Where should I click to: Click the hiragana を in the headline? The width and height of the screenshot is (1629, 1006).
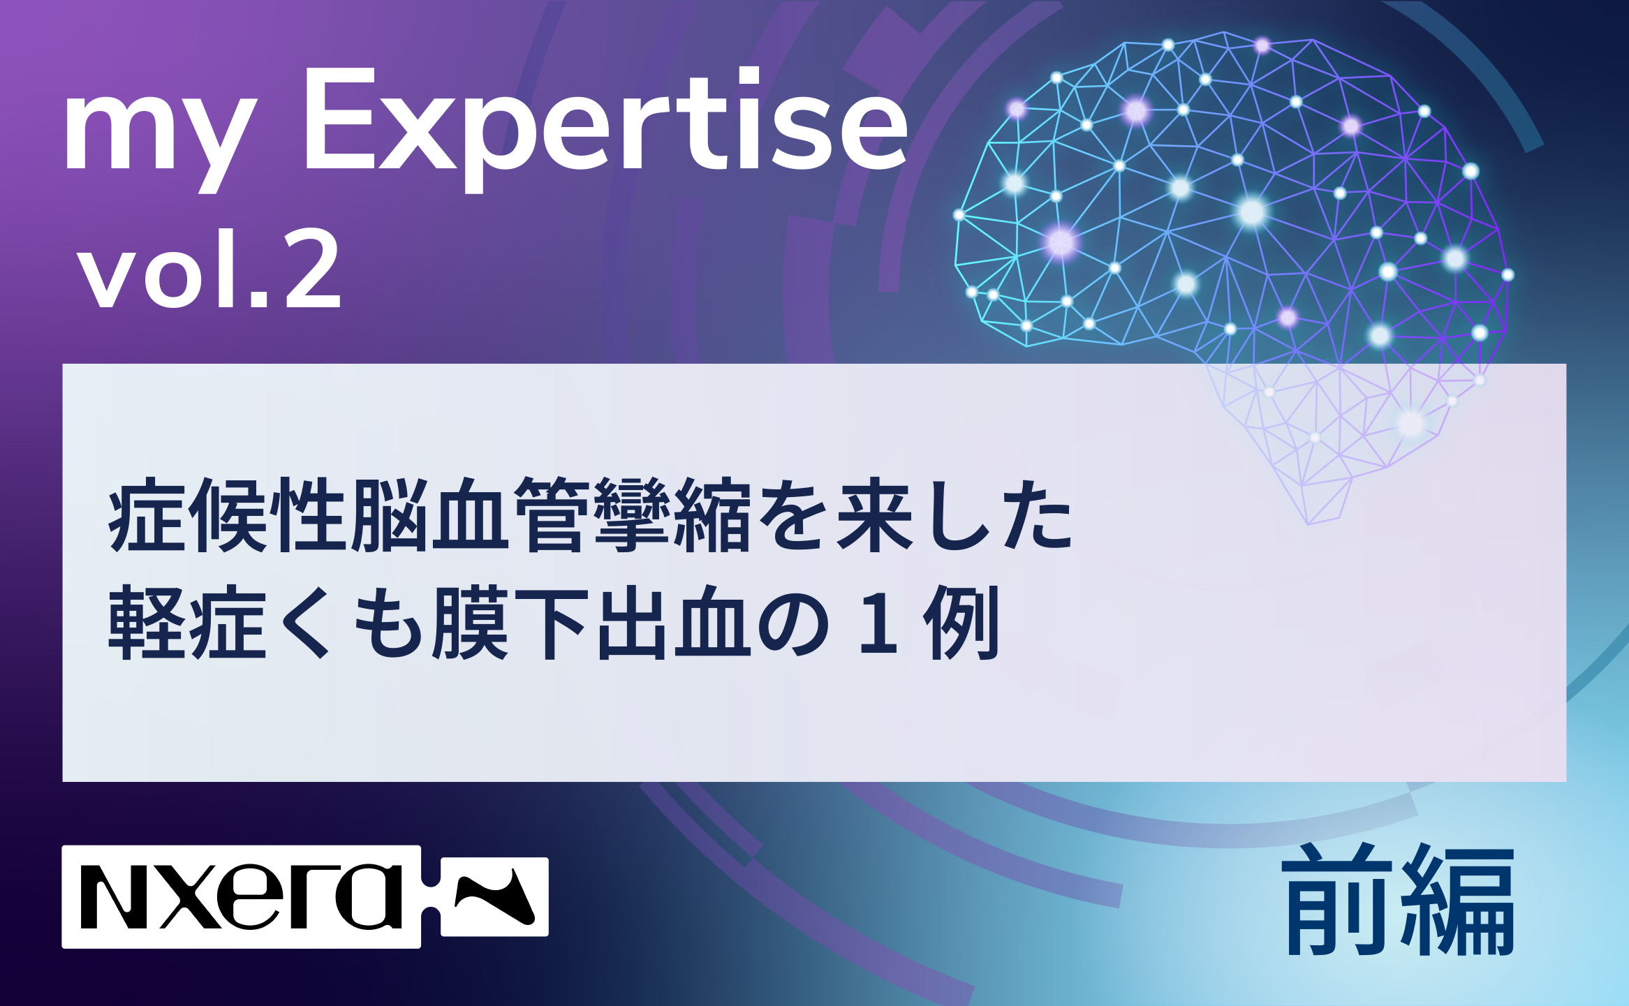tap(794, 515)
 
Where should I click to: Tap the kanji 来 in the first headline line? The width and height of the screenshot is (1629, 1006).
tap(875, 515)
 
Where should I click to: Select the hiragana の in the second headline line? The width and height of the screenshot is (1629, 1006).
tap(793, 623)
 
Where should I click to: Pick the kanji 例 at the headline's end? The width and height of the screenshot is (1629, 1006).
tap(961, 623)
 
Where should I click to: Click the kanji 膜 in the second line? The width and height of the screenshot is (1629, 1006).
tap(470, 623)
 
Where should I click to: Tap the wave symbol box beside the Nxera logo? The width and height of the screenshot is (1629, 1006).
tap(494, 897)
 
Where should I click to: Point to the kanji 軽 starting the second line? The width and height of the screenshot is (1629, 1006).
tap(147, 623)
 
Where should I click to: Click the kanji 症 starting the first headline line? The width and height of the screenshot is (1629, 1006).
tap(147, 515)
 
